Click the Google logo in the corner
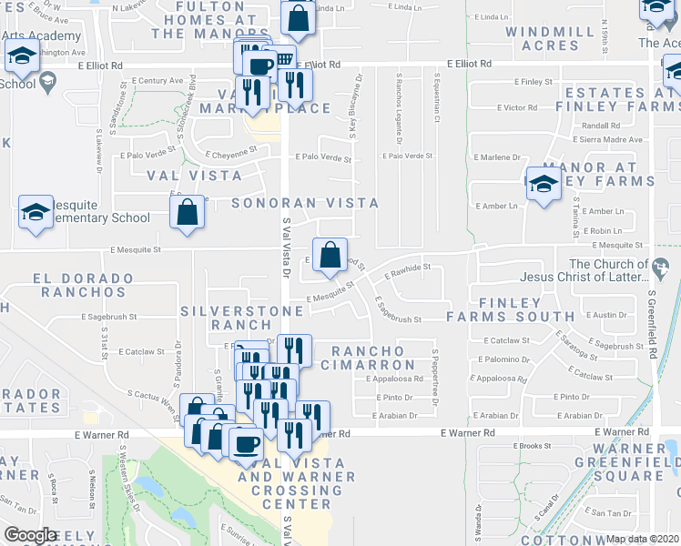coord(30,535)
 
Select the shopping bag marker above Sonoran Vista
coord(187,213)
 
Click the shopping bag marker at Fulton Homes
coord(298,17)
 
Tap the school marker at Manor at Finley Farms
coord(544,185)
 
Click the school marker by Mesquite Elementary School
coord(36,213)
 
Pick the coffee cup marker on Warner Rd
coord(245,444)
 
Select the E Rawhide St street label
coord(407,269)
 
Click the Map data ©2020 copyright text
coord(643,539)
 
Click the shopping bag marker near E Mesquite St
coord(330,253)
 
